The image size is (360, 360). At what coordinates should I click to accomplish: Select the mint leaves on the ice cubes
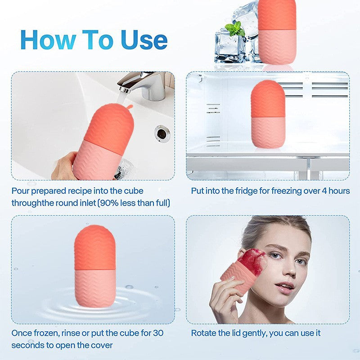coord(235,29)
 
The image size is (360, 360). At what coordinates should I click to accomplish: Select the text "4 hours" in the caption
coord(333,191)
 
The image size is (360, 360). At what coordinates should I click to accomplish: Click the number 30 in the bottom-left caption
coord(158,333)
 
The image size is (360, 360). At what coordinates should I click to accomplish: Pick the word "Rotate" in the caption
coord(203,333)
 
